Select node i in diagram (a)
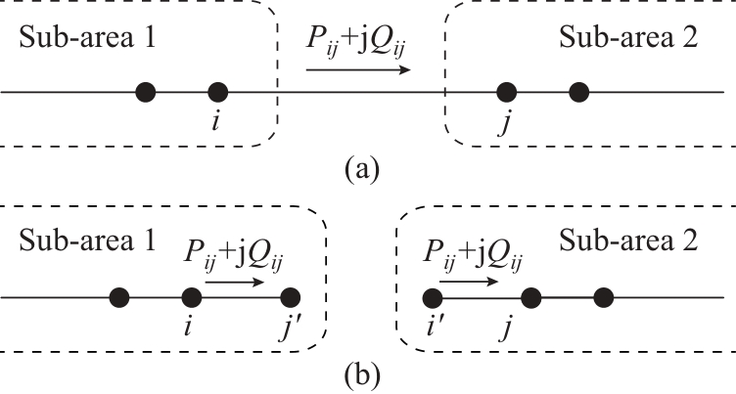point(218,93)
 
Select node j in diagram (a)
point(506,93)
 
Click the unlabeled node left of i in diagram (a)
point(146,93)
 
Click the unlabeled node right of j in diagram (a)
point(578,93)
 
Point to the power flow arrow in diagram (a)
point(357,70)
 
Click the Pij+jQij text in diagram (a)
point(357,45)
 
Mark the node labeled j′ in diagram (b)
point(289,296)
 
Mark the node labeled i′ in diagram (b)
point(432,296)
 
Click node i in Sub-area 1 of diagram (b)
point(192,296)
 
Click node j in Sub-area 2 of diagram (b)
point(530,296)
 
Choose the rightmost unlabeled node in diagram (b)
point(603,296)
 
